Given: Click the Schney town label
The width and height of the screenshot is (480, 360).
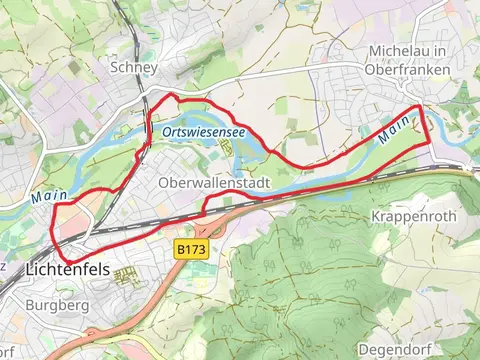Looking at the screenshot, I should pyautogui.click(x=135, y=67).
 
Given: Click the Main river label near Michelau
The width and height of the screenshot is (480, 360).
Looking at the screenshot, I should pyautogui.click(x=395, y=126).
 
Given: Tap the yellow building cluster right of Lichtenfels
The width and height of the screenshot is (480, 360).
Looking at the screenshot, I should pyautogui.click(x=126, y=276).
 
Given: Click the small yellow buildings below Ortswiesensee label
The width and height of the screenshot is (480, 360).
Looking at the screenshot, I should pyautogui.click(x=226, y=150).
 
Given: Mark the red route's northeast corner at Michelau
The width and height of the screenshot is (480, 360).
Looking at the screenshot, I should pyautogui.click(x=418, y=105).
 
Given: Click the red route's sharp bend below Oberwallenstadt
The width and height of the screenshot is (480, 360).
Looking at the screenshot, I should pyautogui.click(x=205, y=211).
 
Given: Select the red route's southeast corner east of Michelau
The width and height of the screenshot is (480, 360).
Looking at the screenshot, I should pyautogui.click(x=431, y=142).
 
